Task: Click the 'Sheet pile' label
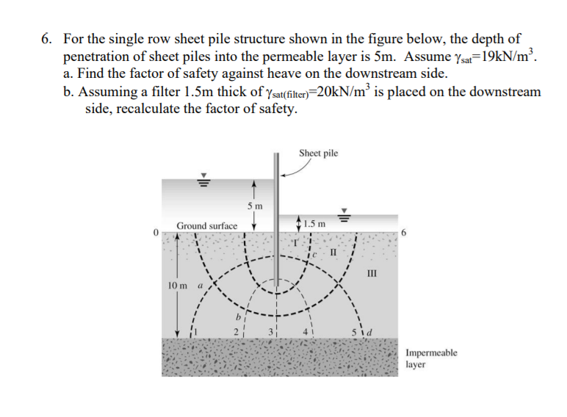[x=319, y=153]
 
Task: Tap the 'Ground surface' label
[x=206, y=226]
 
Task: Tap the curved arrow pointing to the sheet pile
[x=294, y=170]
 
